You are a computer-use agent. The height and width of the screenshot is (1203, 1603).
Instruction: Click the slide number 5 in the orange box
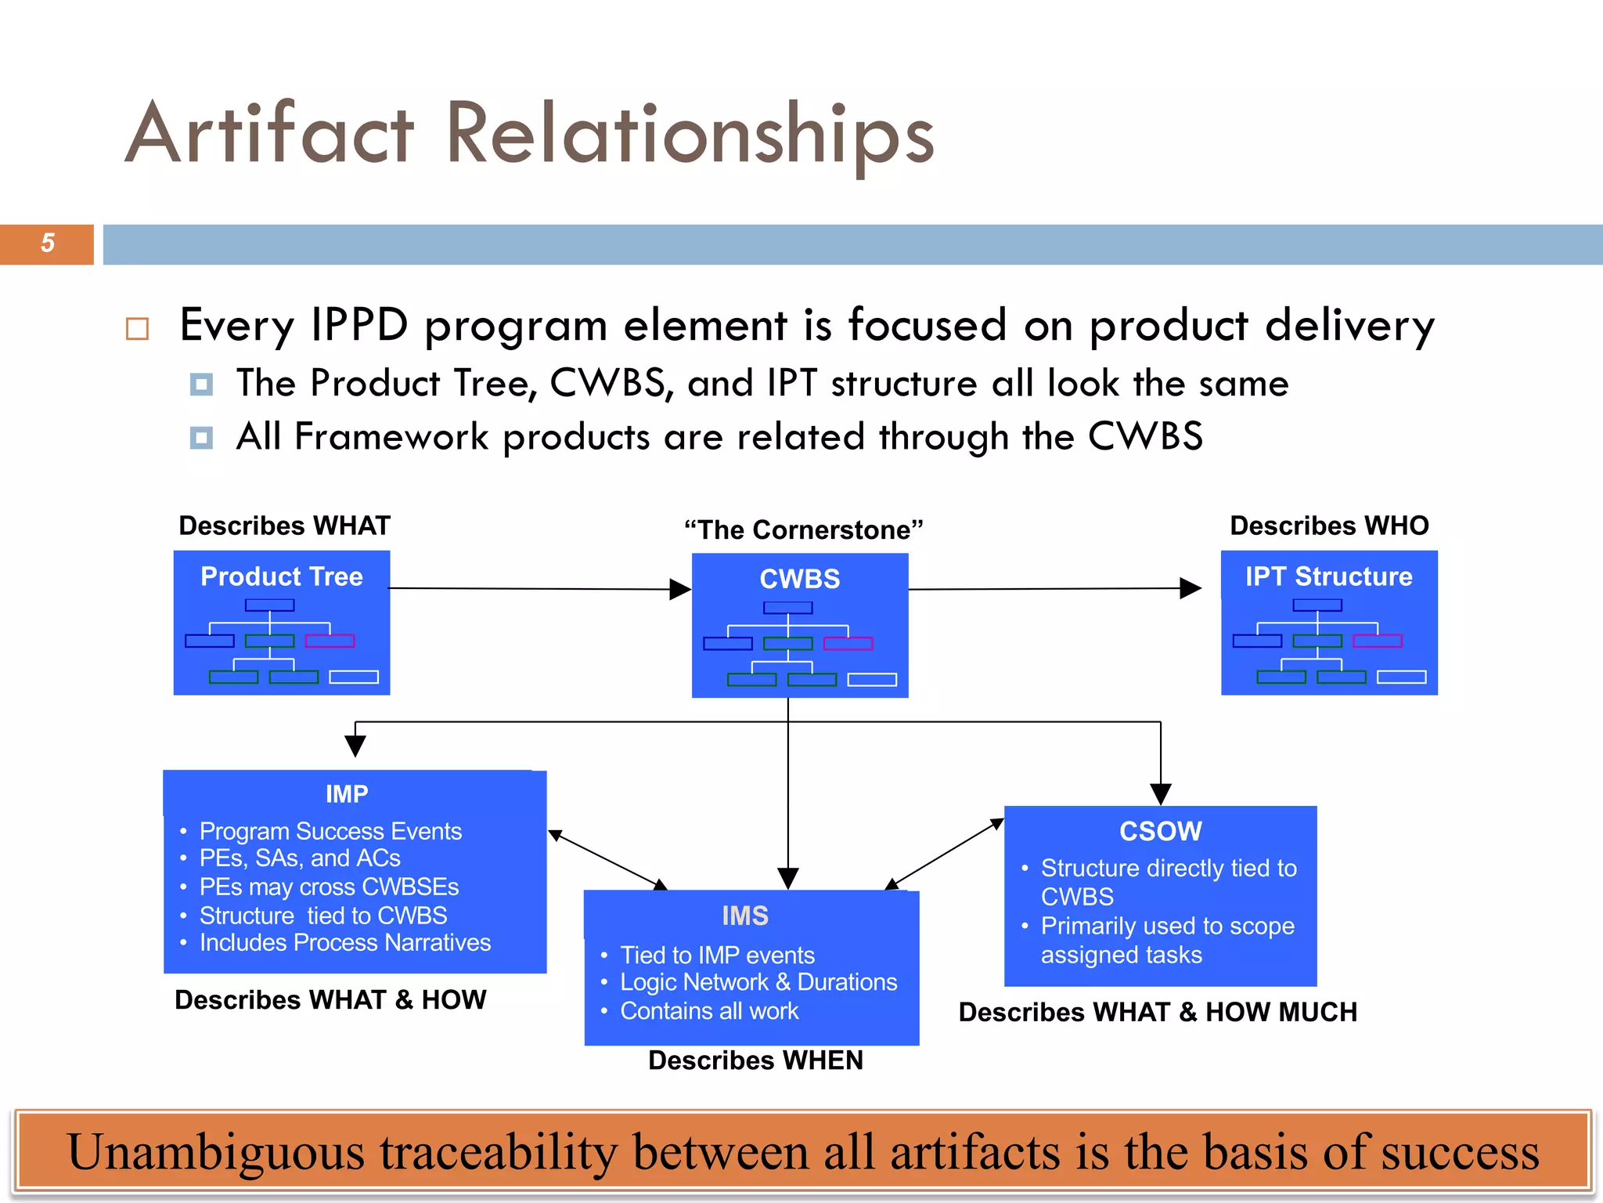point(48,244)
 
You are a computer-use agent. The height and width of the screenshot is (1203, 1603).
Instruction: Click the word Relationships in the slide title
point(690,135)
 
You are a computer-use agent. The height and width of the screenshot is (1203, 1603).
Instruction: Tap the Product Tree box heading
point(282,576)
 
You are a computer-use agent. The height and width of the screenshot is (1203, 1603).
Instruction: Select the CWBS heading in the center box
point(799,579)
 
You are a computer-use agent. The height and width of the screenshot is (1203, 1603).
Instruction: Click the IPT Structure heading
point(1328,576)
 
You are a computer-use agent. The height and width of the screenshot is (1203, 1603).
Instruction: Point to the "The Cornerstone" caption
point(803,530)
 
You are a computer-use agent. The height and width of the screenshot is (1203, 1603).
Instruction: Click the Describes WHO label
point(1329,526)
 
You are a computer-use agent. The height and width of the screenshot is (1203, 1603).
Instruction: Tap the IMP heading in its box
point(347,793)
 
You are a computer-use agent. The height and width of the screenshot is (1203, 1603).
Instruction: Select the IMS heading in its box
point(744,916)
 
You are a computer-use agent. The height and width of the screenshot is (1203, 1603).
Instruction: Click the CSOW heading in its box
point(1160,831)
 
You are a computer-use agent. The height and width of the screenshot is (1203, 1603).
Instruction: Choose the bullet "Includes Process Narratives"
point(344,943)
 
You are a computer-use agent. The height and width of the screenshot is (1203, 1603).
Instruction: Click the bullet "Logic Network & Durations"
point(758,982)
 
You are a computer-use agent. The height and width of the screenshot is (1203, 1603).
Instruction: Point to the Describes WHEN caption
point(755,1060)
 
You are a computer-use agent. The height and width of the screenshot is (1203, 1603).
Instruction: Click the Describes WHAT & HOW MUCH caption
point(1158,1012)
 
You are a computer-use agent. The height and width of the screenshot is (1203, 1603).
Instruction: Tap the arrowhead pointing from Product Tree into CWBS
point(680,589)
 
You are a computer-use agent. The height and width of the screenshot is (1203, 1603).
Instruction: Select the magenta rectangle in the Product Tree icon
point(330,641)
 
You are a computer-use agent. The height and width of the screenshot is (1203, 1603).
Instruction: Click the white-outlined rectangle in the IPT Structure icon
point(1401,677)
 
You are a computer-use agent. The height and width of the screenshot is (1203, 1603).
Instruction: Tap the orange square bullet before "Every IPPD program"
point(137,329)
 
